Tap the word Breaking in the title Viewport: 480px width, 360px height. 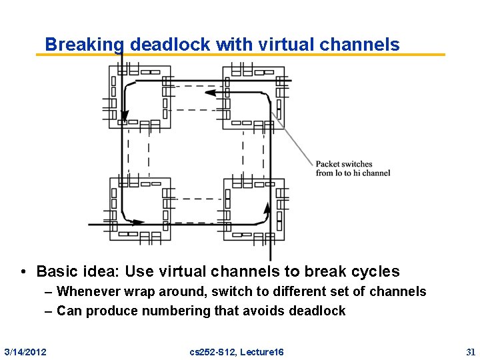[x=85, y=45]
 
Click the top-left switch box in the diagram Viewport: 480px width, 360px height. [x=140, y=95]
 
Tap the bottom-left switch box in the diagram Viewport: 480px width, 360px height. [x=140, y=208]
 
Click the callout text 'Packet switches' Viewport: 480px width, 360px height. [x=344, y=164]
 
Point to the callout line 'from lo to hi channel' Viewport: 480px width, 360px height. [x=353, y=173]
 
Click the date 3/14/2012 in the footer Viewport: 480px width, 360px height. [x=25, y=351]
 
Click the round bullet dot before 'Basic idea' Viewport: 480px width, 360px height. [x=23, y=272]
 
